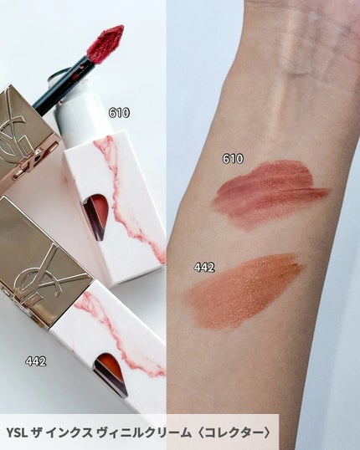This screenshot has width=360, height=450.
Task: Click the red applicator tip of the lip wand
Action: click(x=105, y=43)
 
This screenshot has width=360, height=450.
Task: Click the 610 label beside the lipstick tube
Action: click(x=119, y=112)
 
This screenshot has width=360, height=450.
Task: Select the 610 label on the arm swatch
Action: click(x=233, y=158)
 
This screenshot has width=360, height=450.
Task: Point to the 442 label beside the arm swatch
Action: click(x=204, y=267)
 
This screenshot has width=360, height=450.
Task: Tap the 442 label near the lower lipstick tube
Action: click(x=36, y=361)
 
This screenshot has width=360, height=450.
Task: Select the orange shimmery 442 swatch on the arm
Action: click(x=244, y=291)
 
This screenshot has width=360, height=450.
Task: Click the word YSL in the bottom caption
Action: click(x=17, y=432)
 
